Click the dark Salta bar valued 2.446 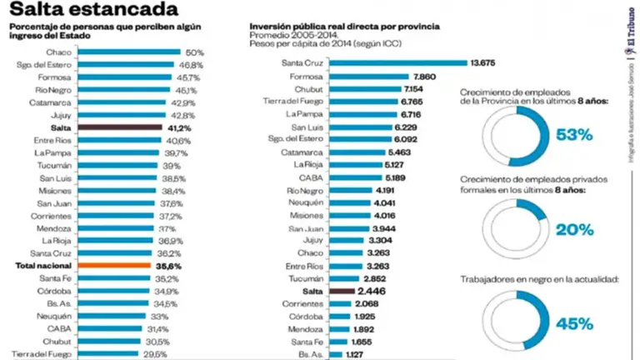[x=342, y=292]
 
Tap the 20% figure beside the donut [x=575, y=228]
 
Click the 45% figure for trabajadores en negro [x=575, y=323]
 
